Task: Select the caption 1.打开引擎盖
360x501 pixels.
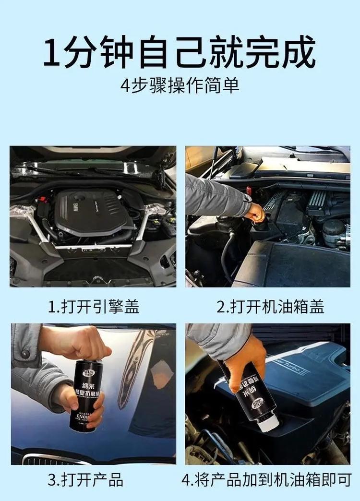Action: pos(94,307)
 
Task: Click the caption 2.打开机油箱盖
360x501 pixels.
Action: pos(270,307)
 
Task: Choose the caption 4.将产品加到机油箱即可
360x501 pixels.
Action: pos(267,479)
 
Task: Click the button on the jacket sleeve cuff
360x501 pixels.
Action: pos(25,354)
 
